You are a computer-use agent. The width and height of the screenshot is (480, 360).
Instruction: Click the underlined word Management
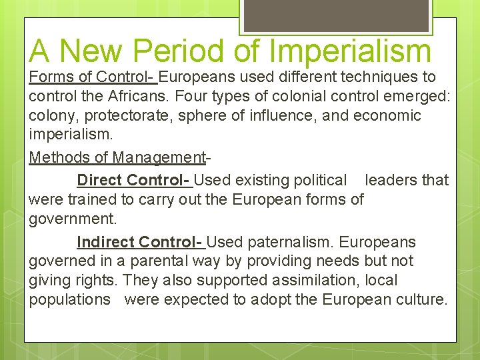[159, 158]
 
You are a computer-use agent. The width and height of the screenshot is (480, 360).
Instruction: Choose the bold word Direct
[99, 180]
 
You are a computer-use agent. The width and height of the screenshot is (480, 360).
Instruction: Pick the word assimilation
[307, 280]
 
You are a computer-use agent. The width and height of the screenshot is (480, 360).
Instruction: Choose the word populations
[70, 299]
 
